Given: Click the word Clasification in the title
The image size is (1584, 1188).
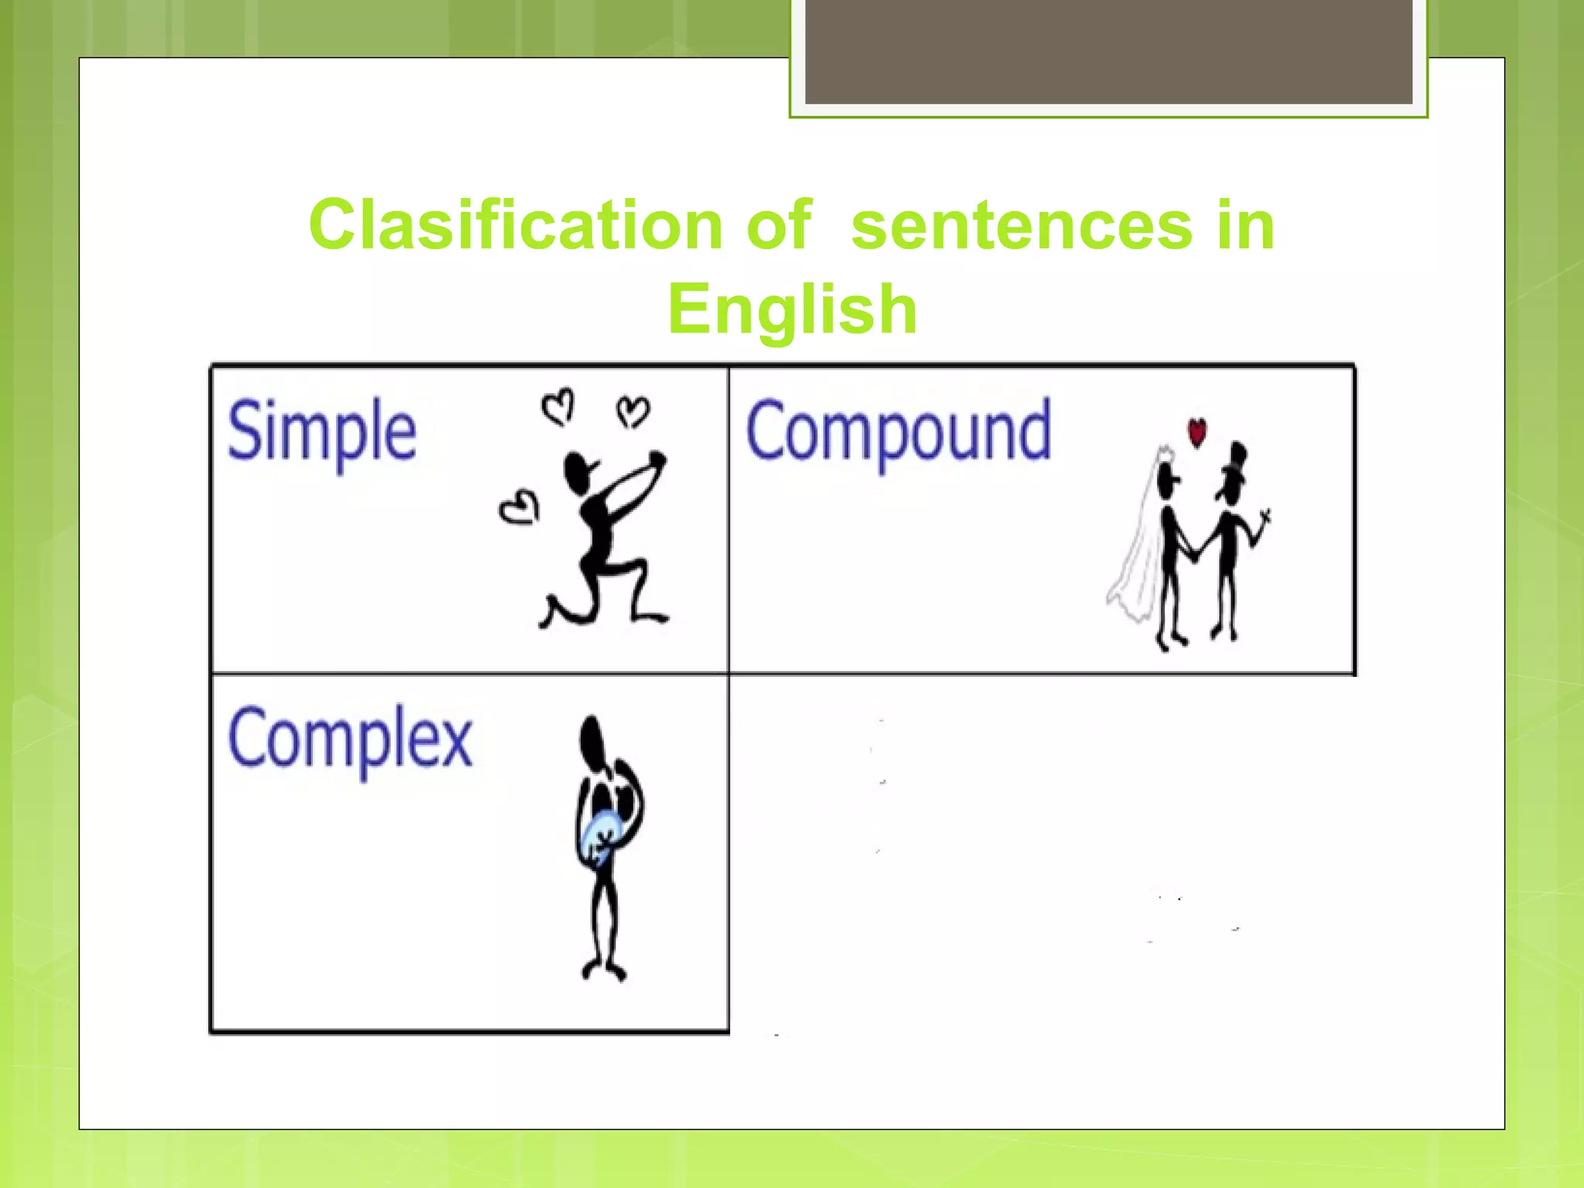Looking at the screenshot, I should (515, 225).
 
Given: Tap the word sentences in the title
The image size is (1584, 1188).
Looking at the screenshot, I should (1021, 225).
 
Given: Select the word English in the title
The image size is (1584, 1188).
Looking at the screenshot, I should (792, 309).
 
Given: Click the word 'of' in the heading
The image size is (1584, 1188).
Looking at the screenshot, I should (779, 225).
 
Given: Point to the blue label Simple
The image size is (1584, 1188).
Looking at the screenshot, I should (322, 432).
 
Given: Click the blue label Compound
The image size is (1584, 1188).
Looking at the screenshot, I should (898, 432).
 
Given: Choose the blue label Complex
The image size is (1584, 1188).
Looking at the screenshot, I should (350, 739).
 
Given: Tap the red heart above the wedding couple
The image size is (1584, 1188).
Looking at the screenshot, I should (1197, 432).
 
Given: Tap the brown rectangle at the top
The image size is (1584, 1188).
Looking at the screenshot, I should (1108, 51).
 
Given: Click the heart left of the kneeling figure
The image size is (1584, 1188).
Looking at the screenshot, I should (519, 508).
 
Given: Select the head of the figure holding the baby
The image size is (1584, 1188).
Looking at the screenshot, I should (592, 739).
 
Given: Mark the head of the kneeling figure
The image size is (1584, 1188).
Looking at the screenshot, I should (578, 471).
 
